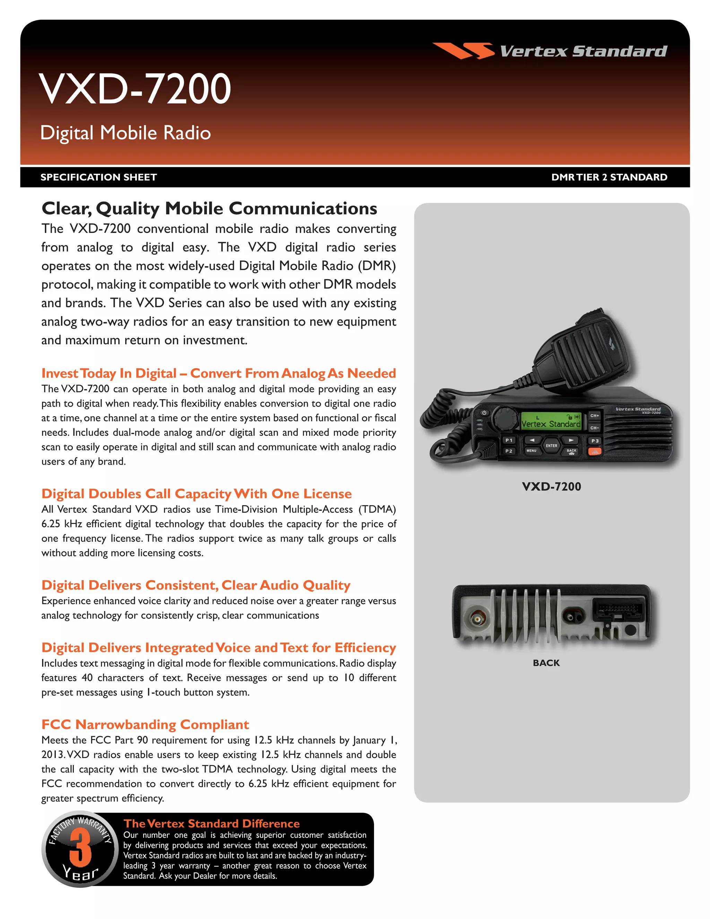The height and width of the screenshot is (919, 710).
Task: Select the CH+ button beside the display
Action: [x=594, y=416]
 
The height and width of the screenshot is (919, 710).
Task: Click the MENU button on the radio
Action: [x=531, y=451]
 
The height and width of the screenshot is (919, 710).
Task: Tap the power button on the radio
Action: [x=484, y=413]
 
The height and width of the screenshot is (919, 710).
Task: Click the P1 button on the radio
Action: [x=509, y=440]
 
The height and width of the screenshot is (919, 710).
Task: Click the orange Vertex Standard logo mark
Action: [x=463, y=51]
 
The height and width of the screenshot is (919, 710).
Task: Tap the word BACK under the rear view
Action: [x=546, y=663]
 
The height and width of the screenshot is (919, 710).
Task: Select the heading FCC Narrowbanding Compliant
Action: [x=145, y=724]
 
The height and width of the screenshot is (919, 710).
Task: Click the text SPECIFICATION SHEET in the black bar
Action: [x=98, y=177]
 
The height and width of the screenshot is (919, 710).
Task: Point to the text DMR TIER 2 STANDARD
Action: [x=609, y=177]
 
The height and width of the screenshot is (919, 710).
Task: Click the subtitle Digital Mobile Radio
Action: [x=125, y=133]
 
